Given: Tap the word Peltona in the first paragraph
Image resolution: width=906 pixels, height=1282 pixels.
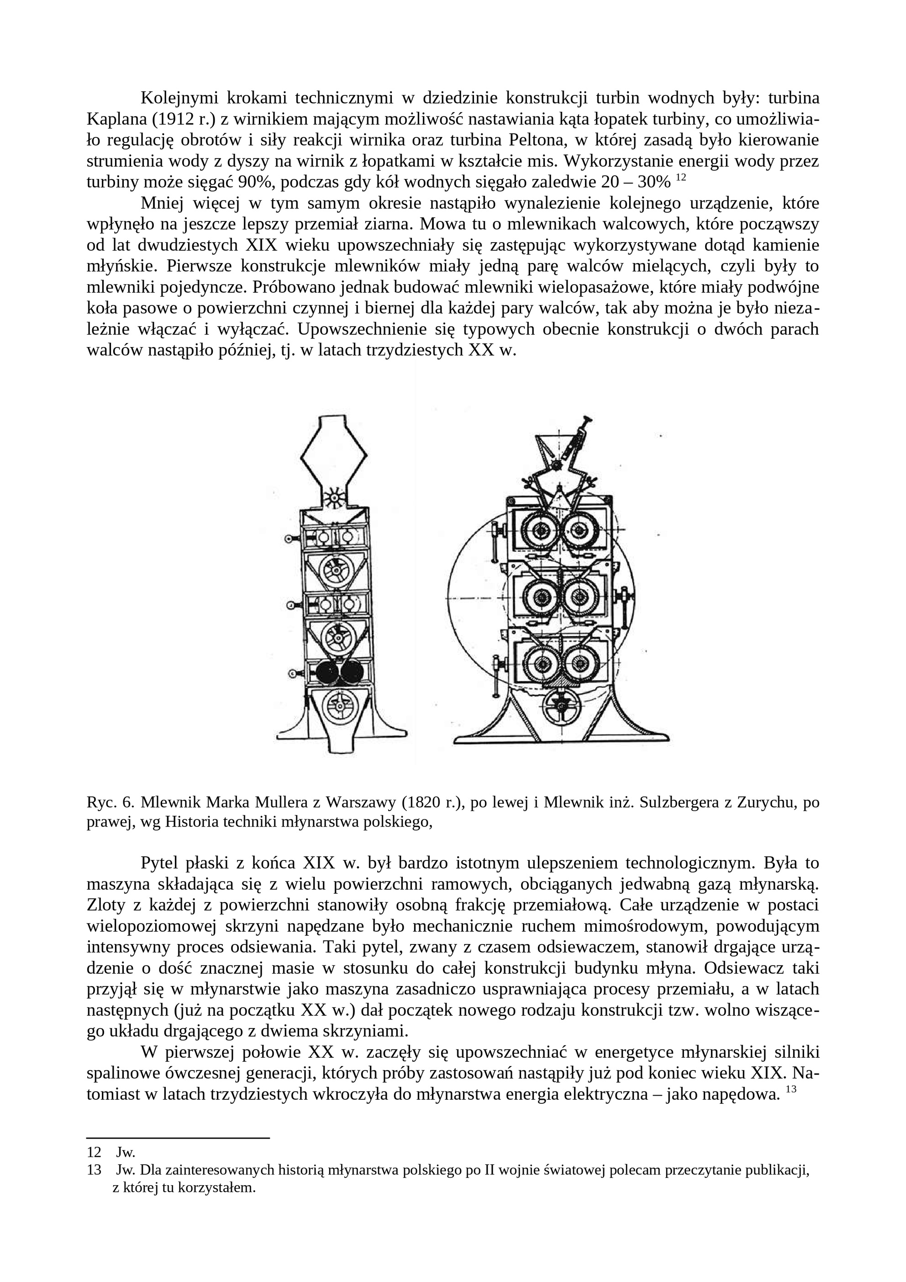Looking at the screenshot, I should pyautogui.click(x=530, y=140).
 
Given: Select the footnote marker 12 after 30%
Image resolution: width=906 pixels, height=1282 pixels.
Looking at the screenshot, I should pyautogui.click(x=680, y=178).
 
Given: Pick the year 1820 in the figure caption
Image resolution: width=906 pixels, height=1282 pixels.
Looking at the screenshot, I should pyautogui.click(x=427, y=802).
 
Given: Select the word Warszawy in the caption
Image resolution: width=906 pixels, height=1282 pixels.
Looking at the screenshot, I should pyautogui.click(x=360, y=802).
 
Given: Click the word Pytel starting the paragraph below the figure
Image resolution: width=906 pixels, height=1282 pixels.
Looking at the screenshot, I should pyautogui.click(x=158, y=863).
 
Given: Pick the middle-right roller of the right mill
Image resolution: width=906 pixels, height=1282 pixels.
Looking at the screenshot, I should pyautogui.click(x=581, y=597).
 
